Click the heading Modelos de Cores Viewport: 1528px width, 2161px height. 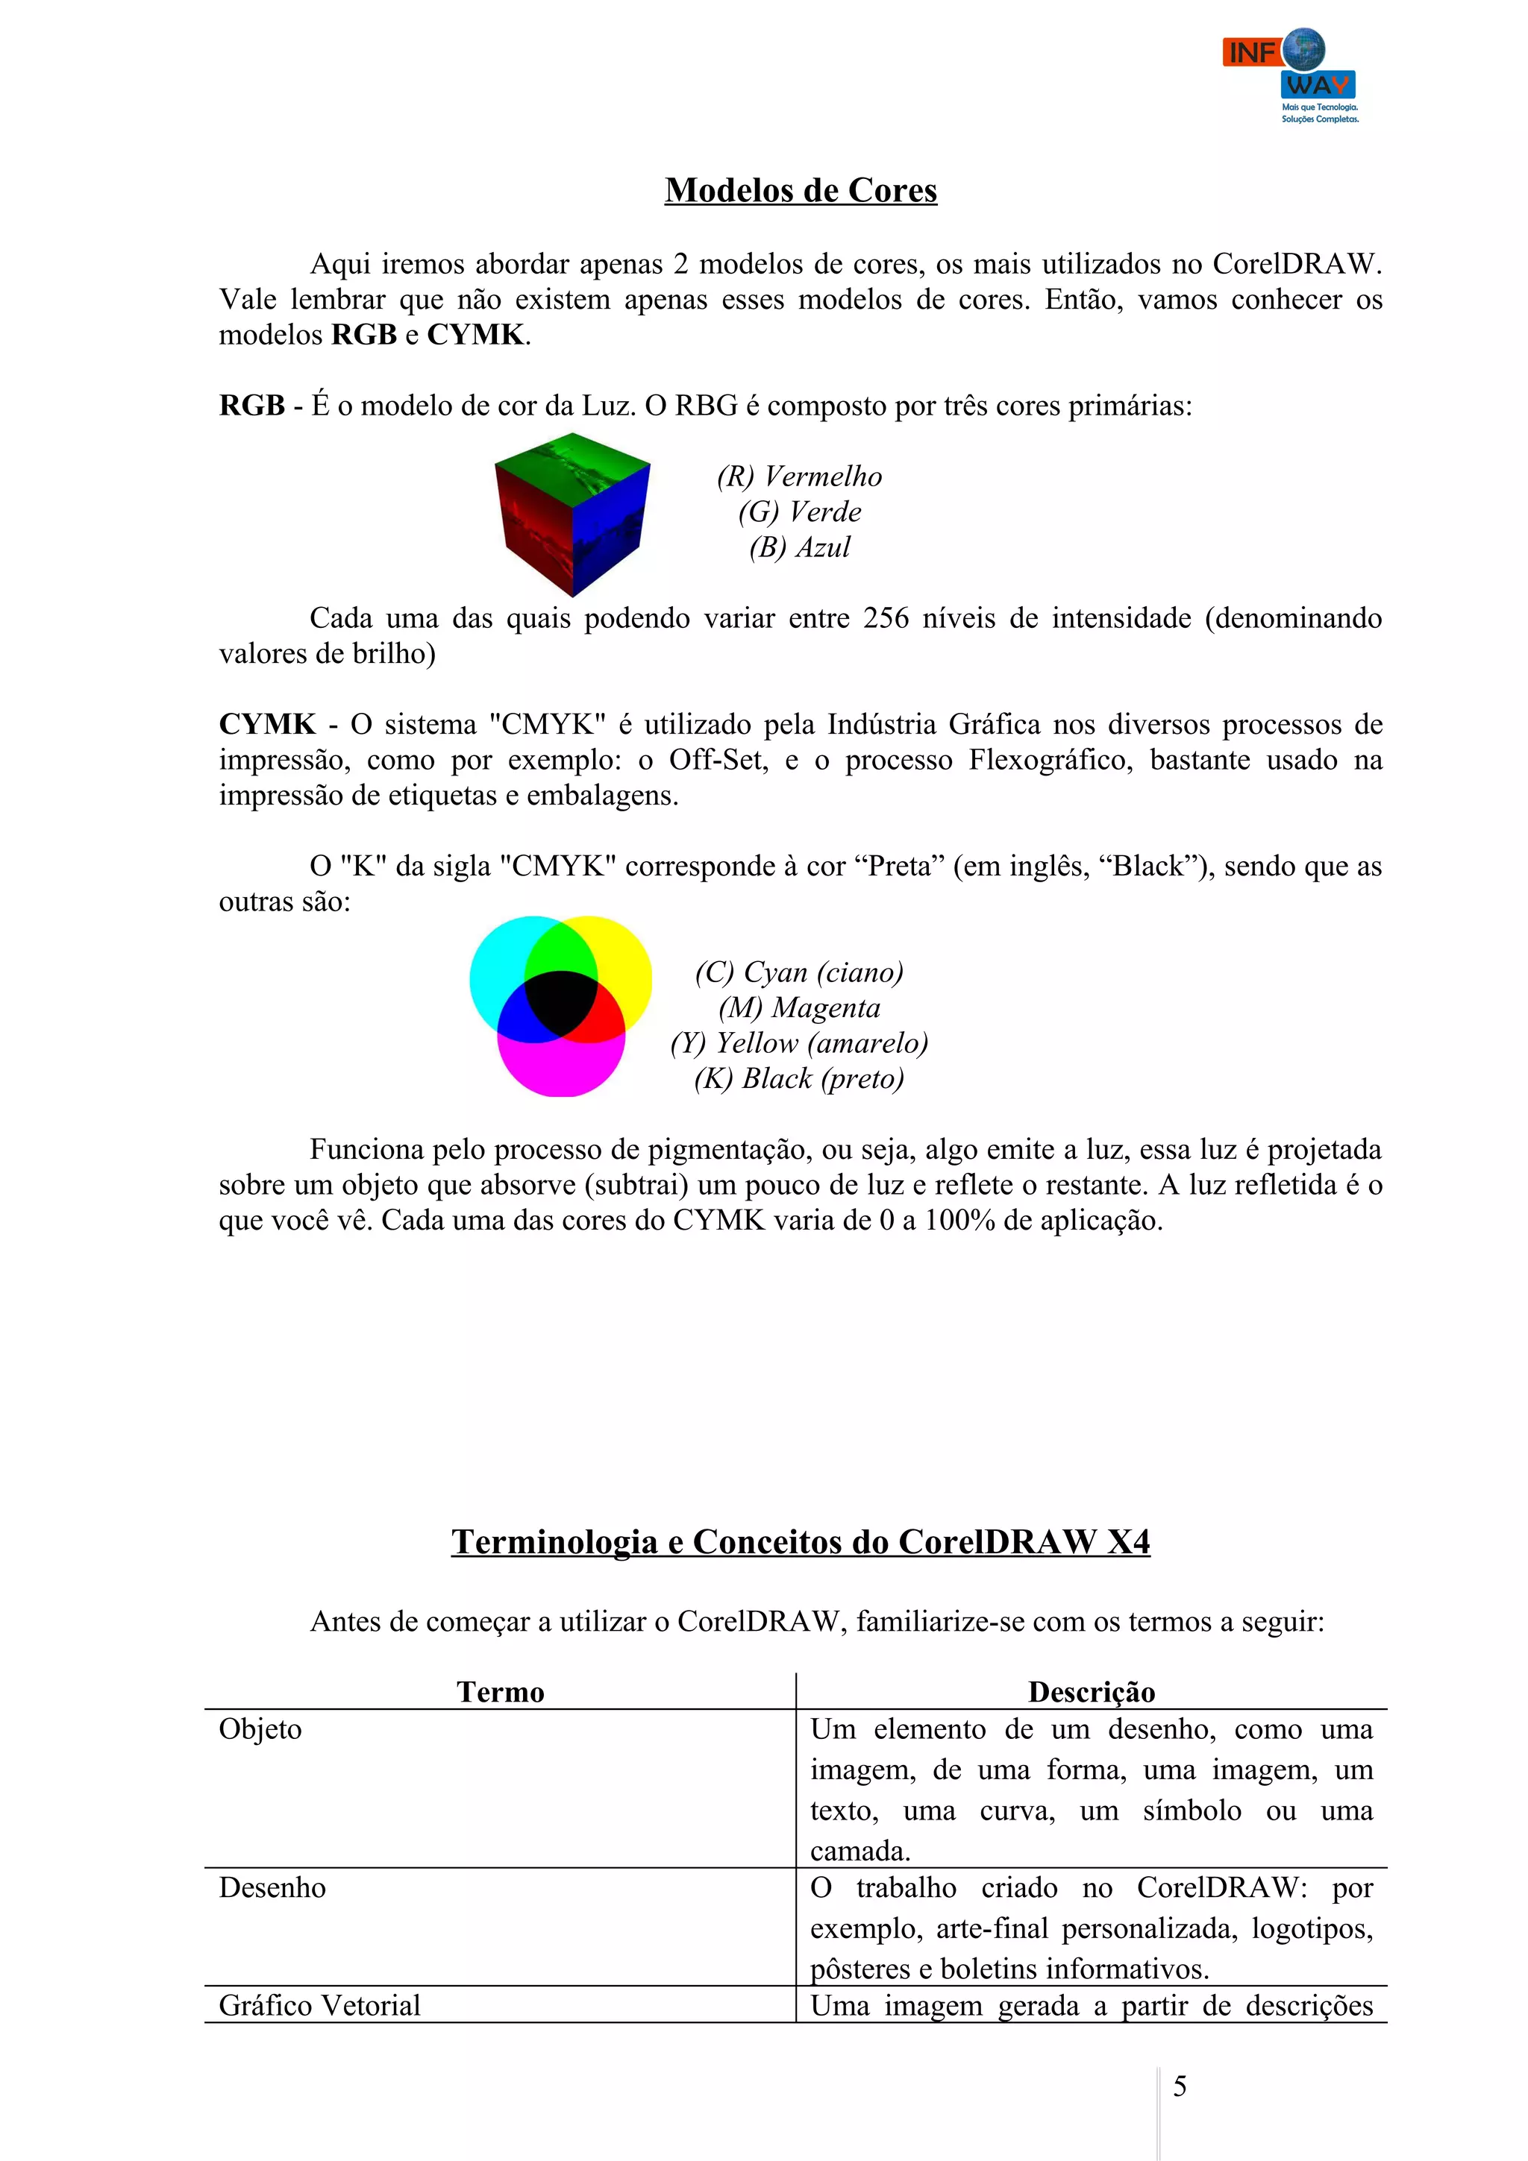pos(801,191)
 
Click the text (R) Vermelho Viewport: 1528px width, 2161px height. pos(799,477)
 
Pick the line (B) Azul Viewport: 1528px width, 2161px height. pos(799,548)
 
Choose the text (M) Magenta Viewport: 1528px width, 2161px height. pos(799,1008)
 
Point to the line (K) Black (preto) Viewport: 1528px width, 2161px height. pos(799,1078)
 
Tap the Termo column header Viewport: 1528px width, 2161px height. pos(500,1692)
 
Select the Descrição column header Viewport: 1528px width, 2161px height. pos(1091,1692)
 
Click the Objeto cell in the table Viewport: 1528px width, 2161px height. pos(261,1730)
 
